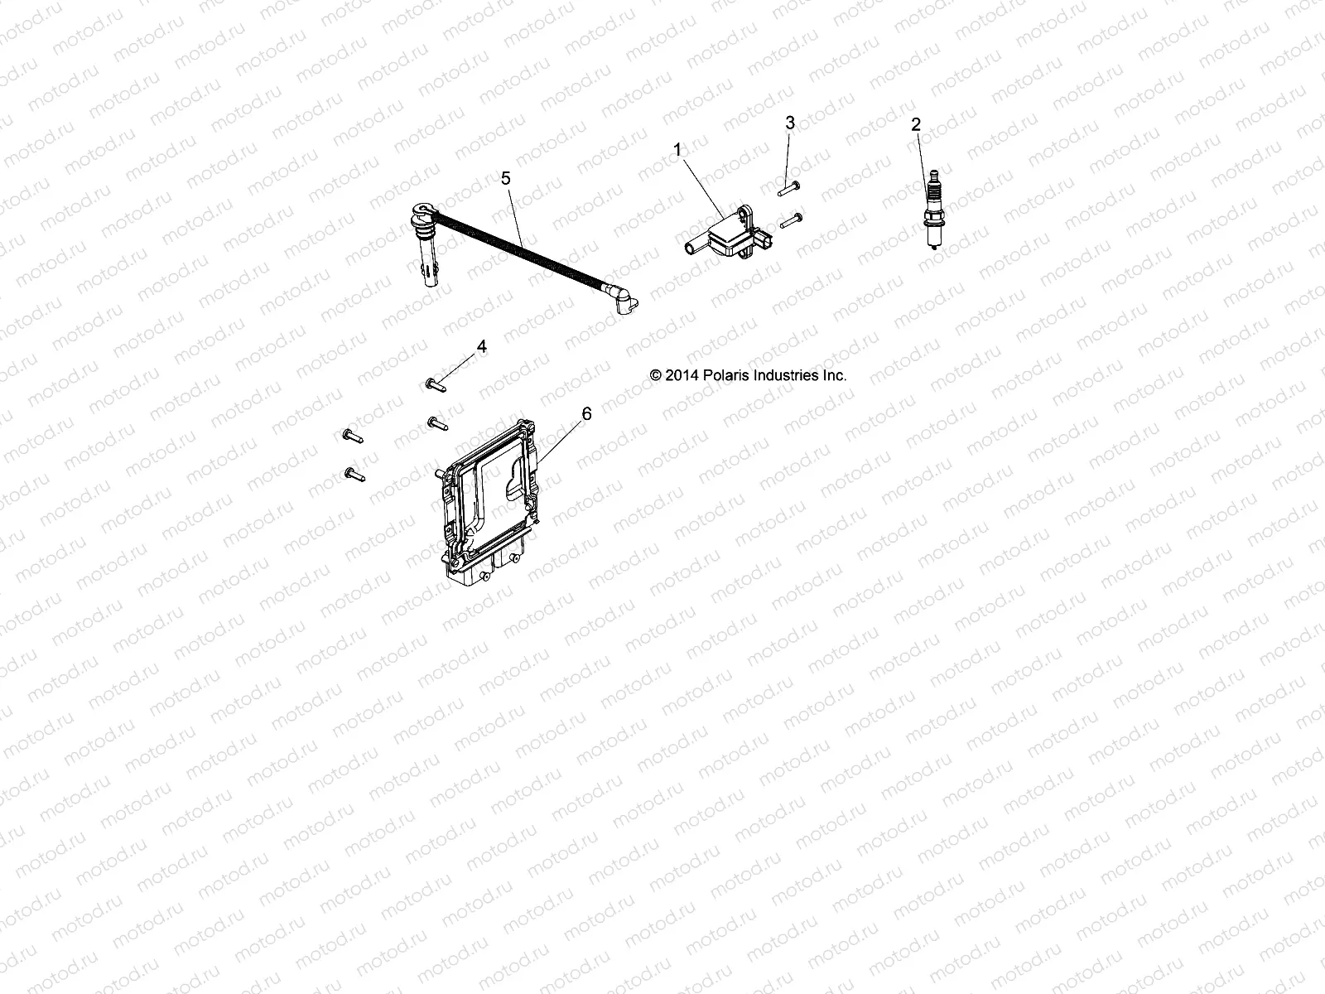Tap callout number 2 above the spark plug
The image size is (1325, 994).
pos(915,125)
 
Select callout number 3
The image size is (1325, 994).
pos(790,123)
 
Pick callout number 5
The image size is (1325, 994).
pos(506,178)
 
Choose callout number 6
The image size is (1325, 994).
pos(587,413)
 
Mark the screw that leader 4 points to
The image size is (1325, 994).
pos(436,384)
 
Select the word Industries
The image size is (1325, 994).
pos(784,375)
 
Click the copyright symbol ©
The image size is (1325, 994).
pos(656,375)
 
